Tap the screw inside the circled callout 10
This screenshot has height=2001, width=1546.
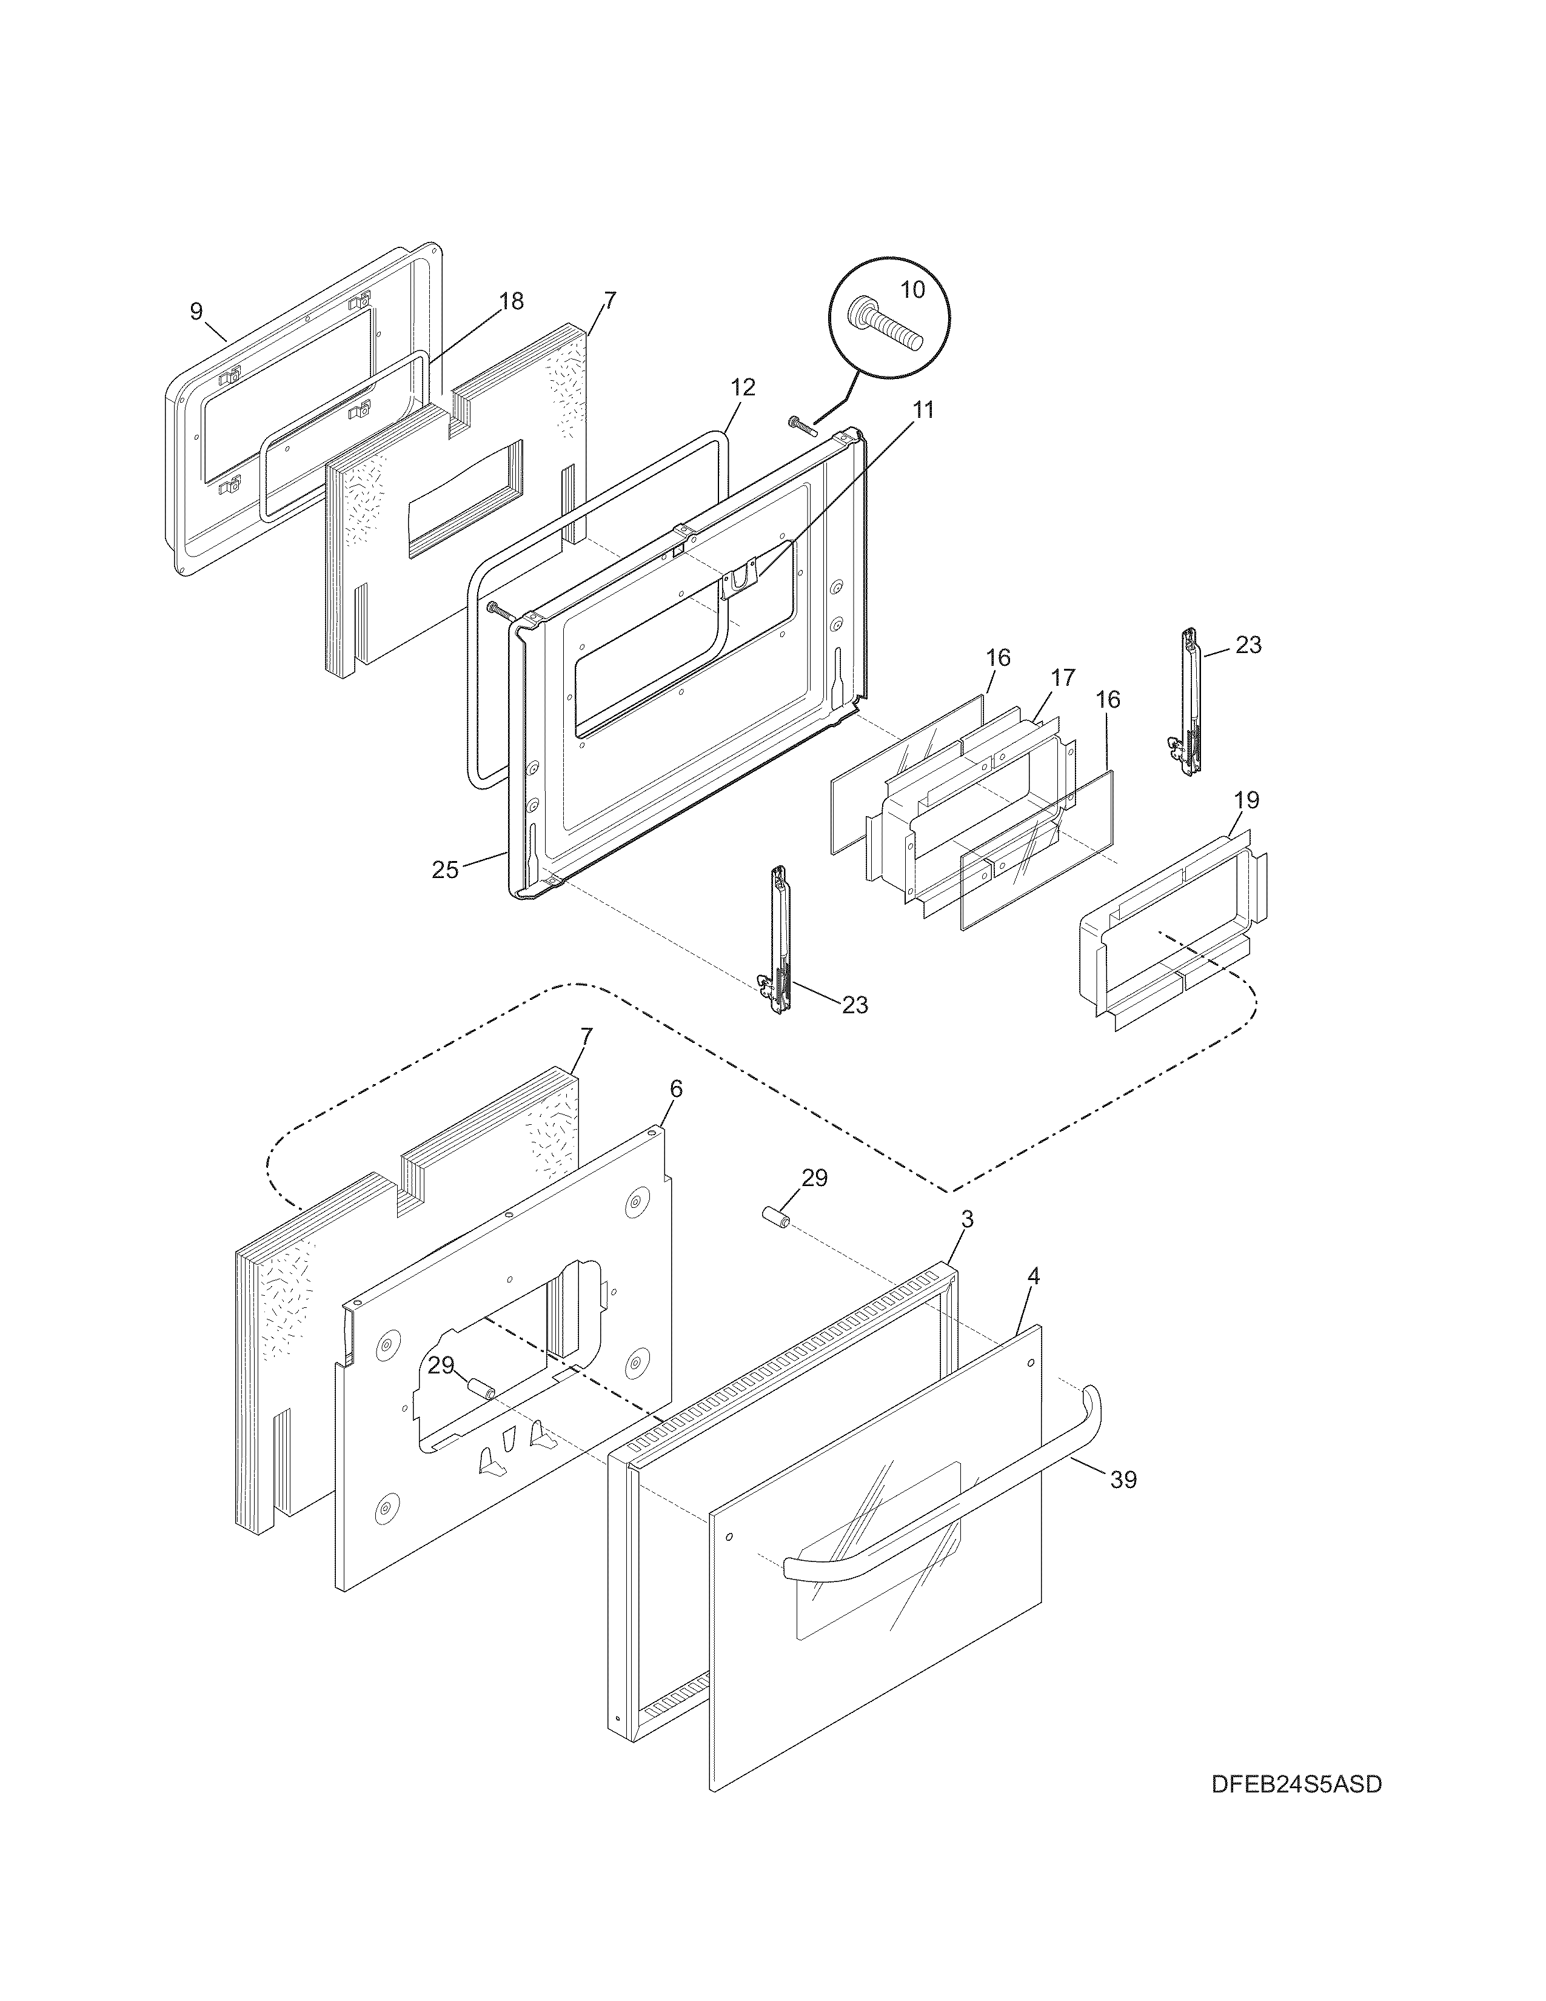[885, 327]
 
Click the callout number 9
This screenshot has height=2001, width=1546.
[196, 312]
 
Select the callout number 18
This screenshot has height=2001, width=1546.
[511, 301]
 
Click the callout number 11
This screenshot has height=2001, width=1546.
[923, 409]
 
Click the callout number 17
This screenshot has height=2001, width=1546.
[1062, 678]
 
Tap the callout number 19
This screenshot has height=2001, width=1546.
[1246, 800]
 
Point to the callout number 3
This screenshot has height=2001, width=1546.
[967, 1219]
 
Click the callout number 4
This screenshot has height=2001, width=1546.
[1033, 1275]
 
